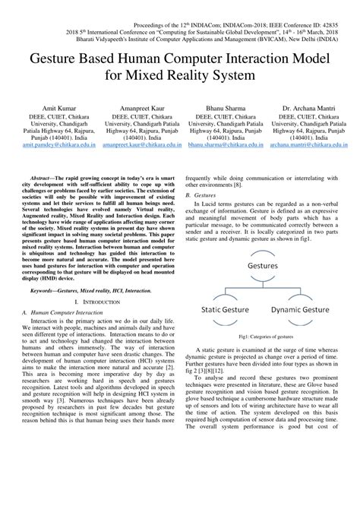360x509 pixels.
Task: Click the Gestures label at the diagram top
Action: [x=262, y=245]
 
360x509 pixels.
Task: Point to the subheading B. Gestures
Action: [x=200, y=195]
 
